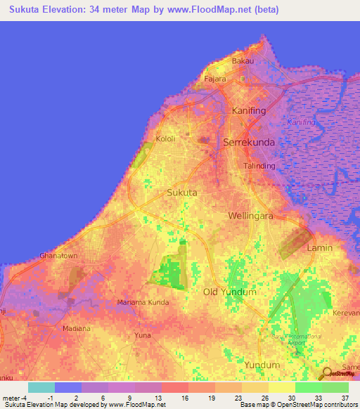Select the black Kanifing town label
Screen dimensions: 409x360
[246, 111]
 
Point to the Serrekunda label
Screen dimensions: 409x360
[248, 142]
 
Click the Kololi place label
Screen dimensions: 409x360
[165, 138]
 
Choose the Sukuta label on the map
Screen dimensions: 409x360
[181, 191]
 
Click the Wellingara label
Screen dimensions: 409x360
[250, 216]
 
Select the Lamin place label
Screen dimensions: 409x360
[319, 248]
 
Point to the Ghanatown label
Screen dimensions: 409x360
[58, 256]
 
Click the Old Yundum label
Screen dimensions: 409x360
[229, 291]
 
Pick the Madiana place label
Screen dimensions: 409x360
[76, 328]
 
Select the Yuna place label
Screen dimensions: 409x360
[143, 335]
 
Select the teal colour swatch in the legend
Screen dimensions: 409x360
[41, 387]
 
